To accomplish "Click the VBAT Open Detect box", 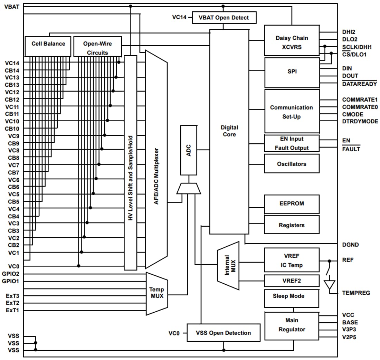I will click(x=224, y=18).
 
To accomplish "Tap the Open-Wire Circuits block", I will click(x=98, y=46).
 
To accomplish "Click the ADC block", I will click(x=189, y=150).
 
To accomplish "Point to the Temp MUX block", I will click(x=156, y=293).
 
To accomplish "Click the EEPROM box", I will click(x=292, y=204).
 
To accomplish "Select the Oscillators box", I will click(x=292, y=164).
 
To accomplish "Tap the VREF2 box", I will click(x=292, y=281).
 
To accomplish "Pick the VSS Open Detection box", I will click(x=223, y=333).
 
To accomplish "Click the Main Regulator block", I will click(x=292, y=325).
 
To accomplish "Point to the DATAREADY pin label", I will click(x=359, y=84).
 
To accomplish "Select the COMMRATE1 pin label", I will click(x=360, y=100).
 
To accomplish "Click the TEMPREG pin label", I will click(x=356, y=293).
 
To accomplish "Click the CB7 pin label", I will click(x=13, y=172).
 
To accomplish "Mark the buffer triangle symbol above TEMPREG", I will click(x=329, y=284).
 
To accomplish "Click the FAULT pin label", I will click(x=351, y=149).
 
